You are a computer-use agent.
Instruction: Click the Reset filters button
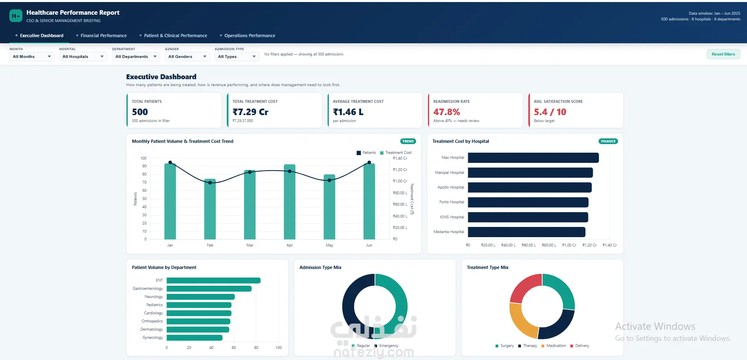point(723,54)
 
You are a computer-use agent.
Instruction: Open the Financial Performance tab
point(104,36)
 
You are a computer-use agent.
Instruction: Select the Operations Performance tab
point(250,36)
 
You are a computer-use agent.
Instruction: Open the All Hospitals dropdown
point(83,57)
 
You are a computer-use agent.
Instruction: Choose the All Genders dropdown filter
point(187,57)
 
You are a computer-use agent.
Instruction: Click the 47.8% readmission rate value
point(447,112)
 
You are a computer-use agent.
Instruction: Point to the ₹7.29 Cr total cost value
point(250,112)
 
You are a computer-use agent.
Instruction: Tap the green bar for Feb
point(210,209)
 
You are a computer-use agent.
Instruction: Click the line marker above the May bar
point(329,180)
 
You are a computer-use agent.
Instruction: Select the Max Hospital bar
point(533,158)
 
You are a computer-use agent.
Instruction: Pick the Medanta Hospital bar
point(527,232)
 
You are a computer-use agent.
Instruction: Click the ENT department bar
point(213,280)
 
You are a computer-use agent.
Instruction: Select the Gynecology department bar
point(195,338)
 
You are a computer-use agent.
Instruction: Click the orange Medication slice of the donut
point(520,322)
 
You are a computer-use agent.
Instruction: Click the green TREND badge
point(408,141)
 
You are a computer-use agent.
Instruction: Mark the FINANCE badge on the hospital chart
point(608,141)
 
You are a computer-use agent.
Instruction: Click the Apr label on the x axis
point(290,245)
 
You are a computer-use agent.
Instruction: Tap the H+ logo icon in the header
point(16,16)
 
